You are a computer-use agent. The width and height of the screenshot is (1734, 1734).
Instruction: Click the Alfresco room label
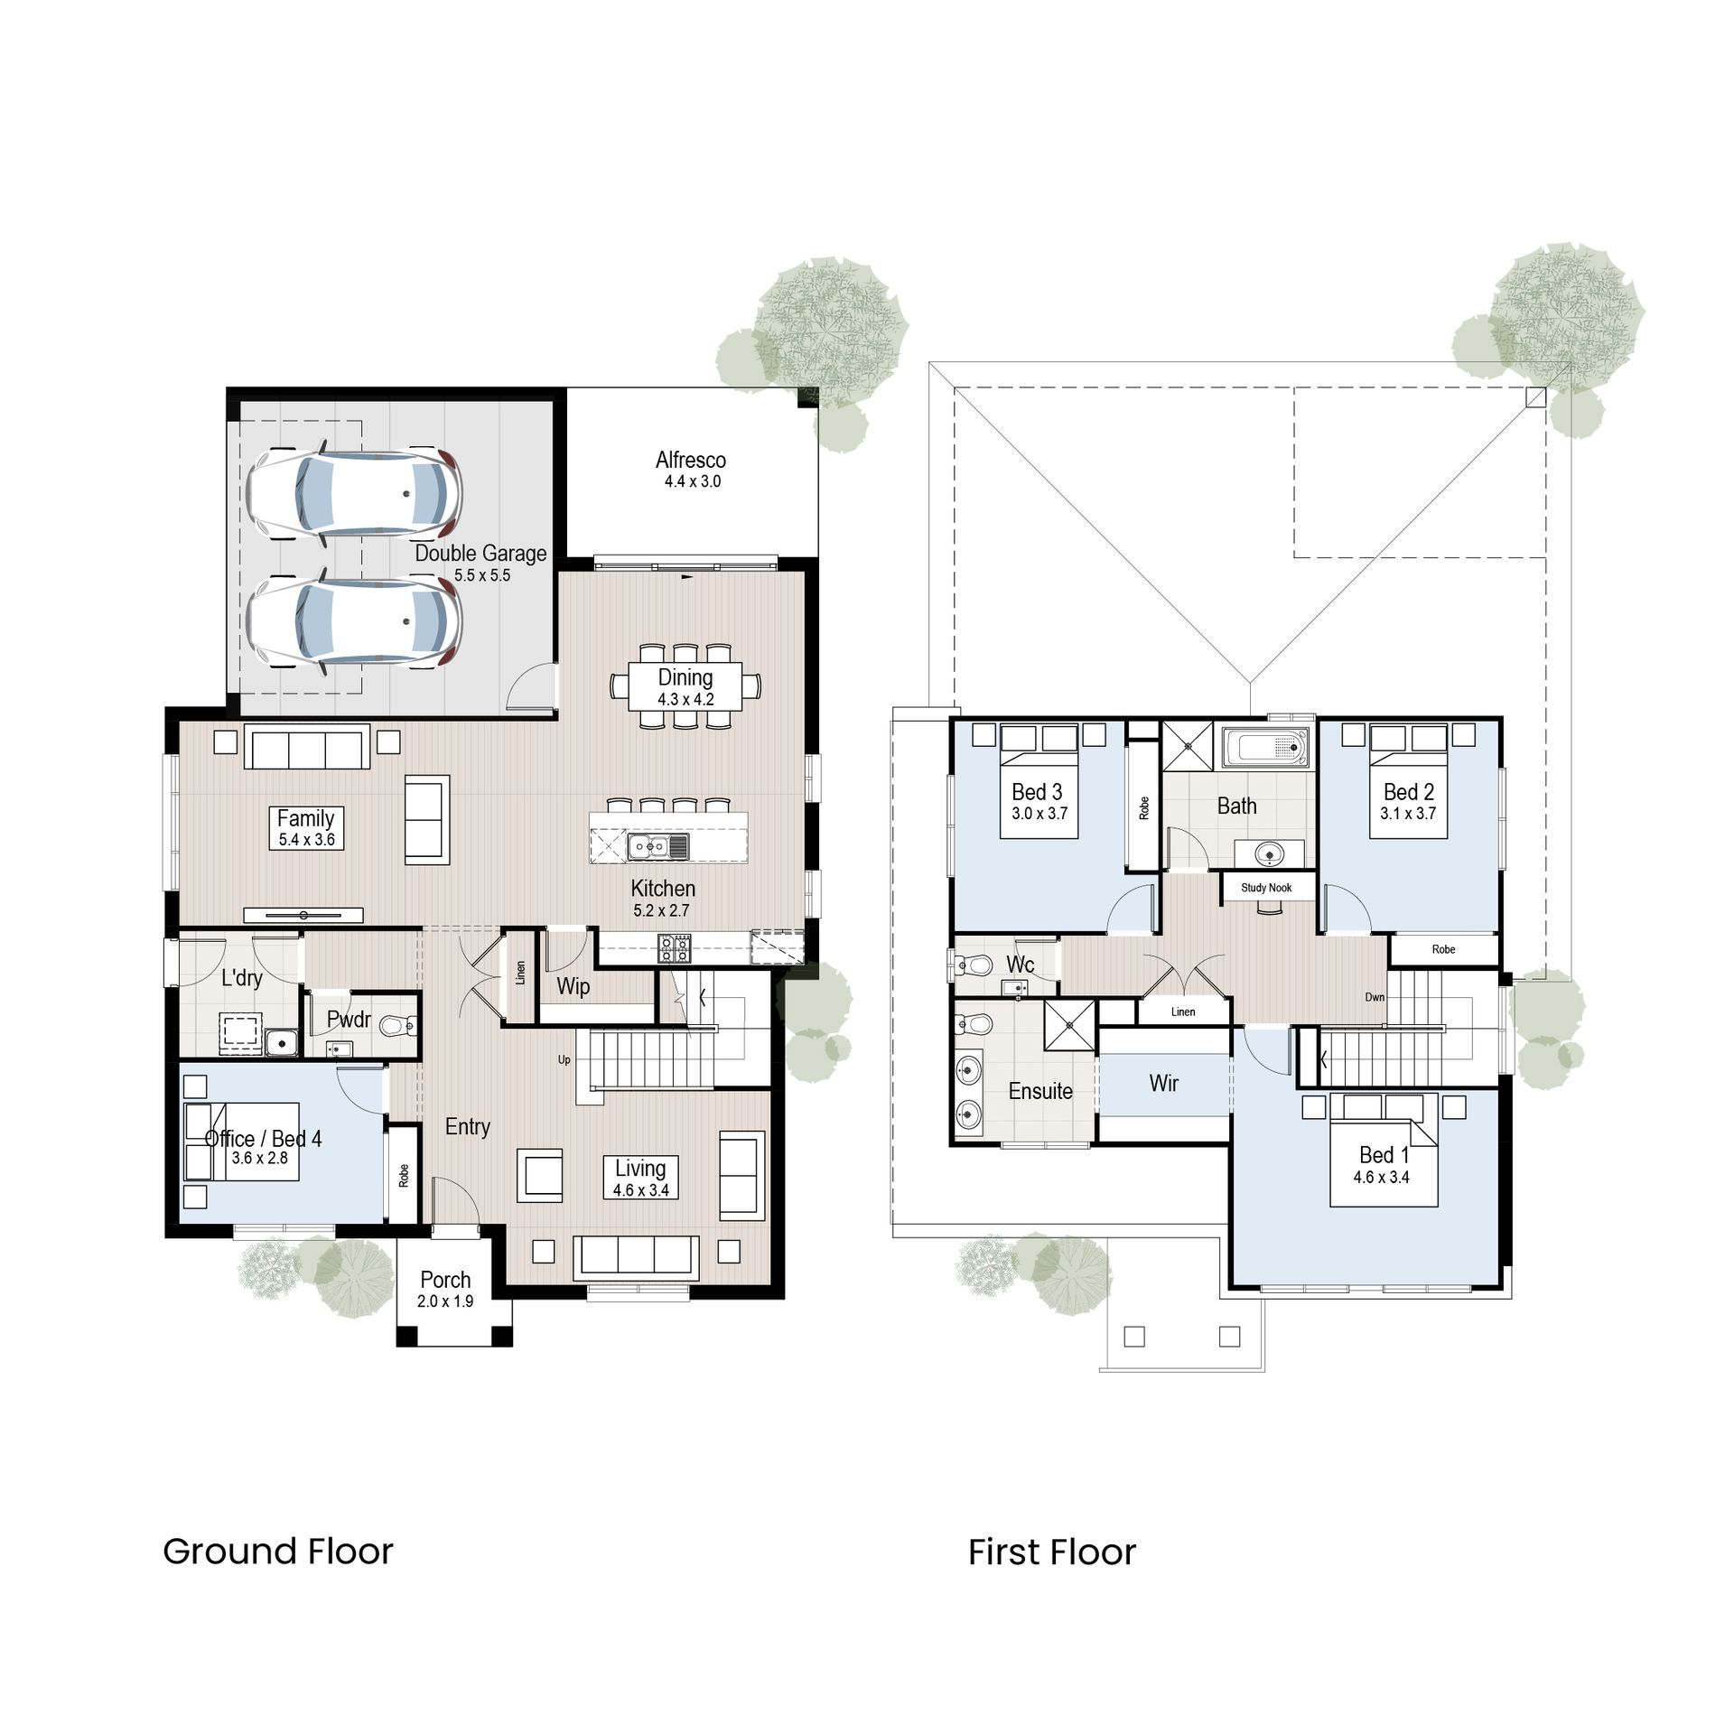click(690, 460)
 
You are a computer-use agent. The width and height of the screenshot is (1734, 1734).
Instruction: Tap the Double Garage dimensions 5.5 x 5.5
click(481, 575)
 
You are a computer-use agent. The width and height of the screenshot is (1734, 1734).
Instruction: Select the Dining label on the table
click(685, 677)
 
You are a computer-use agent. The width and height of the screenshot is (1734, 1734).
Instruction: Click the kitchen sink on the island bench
click(658, 846)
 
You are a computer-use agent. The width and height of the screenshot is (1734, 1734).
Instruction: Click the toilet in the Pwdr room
click(398, 1026)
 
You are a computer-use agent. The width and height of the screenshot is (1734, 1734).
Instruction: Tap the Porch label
click(445, 1280)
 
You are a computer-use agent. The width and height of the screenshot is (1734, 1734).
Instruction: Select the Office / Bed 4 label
click(263, 1138)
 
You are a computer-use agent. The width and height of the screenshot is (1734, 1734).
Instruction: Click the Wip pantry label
click(573, 986)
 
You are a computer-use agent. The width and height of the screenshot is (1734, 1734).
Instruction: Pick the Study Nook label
click(1265, 888)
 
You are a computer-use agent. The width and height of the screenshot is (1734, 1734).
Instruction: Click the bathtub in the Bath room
click(1266, 747)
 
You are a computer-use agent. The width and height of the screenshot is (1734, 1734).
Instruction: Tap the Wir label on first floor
click(1163, 1083)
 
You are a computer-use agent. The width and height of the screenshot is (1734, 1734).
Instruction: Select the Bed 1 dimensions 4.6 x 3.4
click(1381, 1178)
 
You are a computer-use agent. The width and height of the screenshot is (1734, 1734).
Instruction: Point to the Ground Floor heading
click(278, 1552)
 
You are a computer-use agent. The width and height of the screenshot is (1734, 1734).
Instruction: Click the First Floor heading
click(1051, 1552)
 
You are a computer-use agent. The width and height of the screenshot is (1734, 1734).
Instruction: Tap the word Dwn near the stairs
click(1374, 998)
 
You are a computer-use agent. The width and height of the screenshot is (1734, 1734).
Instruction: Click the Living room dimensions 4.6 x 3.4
click(640, 1190)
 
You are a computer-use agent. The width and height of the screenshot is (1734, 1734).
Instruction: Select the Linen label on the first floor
click(1182, 1011)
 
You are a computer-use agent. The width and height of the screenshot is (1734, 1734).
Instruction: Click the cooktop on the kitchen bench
click(676, 947)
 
